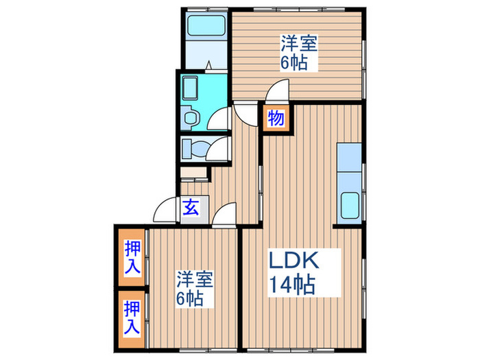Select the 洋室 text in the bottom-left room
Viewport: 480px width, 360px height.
pyautogui.click(x=195, y=280)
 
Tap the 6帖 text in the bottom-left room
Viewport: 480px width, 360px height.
pyautogui.click(x=191, y=300)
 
